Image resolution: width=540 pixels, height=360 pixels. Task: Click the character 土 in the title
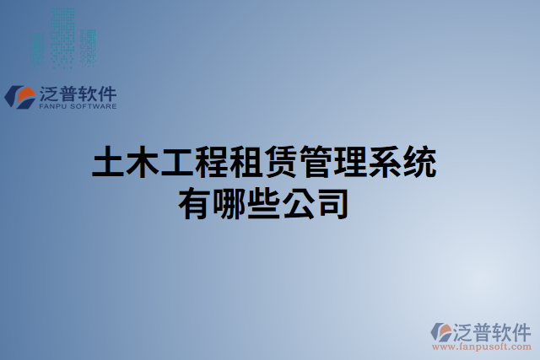click(x=108, y=163)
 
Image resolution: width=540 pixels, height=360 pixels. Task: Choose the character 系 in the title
click(x=385, y=163)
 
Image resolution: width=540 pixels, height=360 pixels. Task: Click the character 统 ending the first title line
click(x=419, y=163)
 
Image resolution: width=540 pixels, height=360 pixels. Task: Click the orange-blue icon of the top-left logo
click(x=19, y=96)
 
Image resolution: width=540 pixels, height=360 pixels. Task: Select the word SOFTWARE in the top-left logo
click(x=93, y=107)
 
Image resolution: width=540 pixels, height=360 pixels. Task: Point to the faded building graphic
click(x=63, y=38)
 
